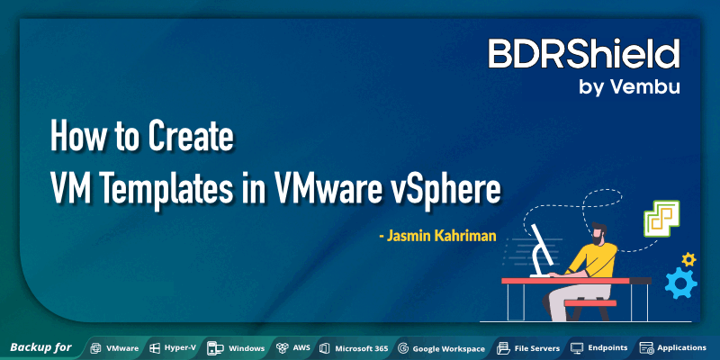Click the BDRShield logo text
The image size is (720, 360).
pyautogui.click(x=583, y=55)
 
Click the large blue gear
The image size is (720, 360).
pyautogui.click(x=680, y=283)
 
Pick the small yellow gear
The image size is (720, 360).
pyautogui.click(x=688, y=259)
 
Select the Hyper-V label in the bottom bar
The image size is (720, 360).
pyautogui.click(x=174, y=347)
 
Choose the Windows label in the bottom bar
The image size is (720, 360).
pyautogui.click(x=246, y=347)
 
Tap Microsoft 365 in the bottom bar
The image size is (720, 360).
pyautogui.click(x=361, y=347)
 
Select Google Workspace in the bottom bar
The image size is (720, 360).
pyautogui.click(x=449, y=347)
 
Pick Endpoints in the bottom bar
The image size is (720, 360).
pyautogui.click(x=607, y=347)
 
